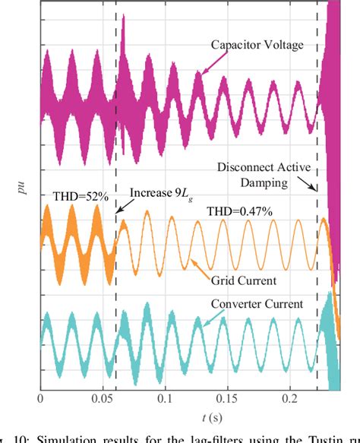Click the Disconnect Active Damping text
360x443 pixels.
pyautogui.click(x=264, y=175)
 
